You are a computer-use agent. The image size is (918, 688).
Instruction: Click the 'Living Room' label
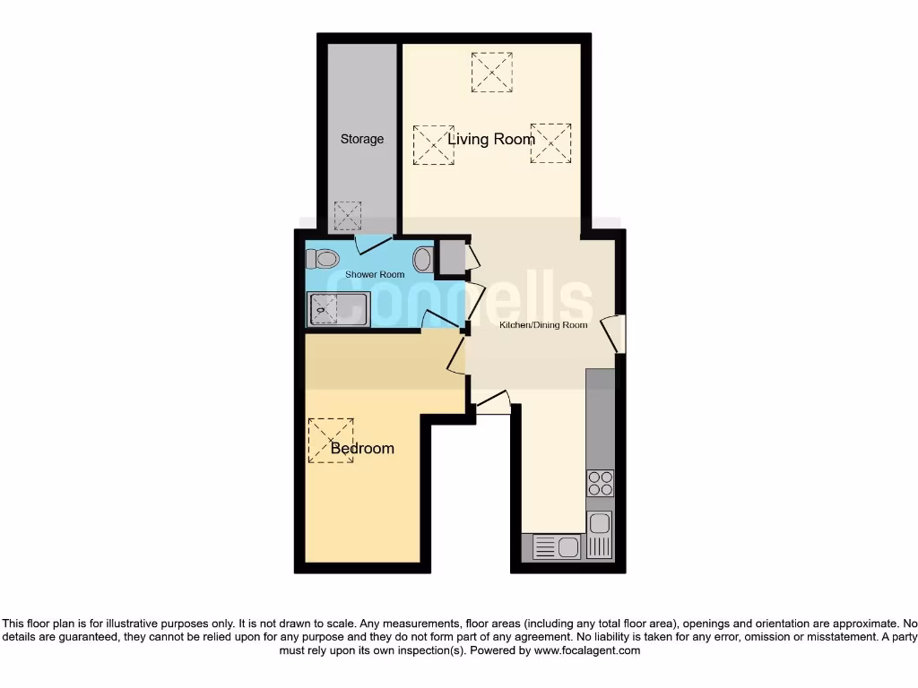[x=491, y=139]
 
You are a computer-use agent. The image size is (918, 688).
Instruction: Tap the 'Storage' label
[x=362, y=139]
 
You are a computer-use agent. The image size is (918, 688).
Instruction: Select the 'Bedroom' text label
[x=362, y=448]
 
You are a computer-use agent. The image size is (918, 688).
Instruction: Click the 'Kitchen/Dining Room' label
[x=543, y=324]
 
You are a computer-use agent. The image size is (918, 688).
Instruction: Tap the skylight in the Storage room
[x=347, y=215]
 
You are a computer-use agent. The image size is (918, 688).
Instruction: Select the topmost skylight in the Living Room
[x=491, y=72]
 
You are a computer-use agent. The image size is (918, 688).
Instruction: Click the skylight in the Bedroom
[x=331, y=440]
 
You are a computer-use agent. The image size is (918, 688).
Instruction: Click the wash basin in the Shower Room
[x=422, y=259]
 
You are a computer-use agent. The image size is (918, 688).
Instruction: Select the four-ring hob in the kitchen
[x=599, y=484]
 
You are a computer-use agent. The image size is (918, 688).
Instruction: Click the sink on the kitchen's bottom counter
[x=558, y=546]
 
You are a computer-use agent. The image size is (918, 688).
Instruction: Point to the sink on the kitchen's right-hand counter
[x=599, y=534]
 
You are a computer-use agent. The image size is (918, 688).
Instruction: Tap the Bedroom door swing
[x=455, y=355]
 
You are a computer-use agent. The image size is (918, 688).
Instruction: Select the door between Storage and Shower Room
[x=373, y=242]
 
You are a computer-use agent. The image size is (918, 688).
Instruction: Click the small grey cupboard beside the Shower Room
[x=451, y=258]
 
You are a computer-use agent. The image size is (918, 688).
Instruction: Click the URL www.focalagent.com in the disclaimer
[x=587, y=650]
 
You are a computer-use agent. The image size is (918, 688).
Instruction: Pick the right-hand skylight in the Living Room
[x=550, y=143]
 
